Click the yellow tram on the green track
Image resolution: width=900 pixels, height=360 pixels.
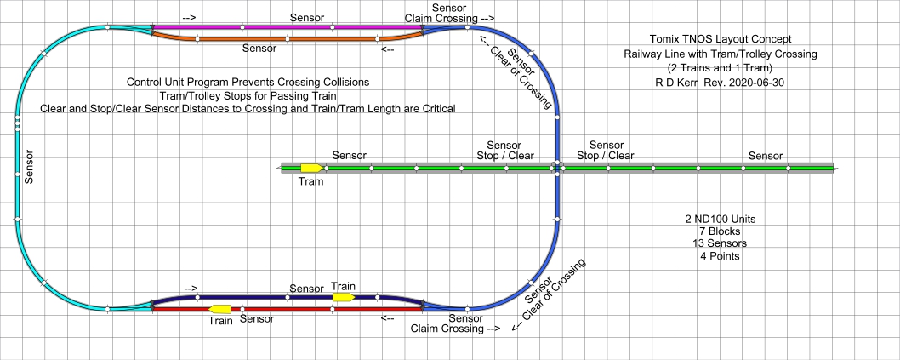[x=310, y=168]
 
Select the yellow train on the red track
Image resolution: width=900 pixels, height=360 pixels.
[x=220, y=308]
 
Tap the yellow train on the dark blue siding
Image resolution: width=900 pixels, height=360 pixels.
[x=344, y=297]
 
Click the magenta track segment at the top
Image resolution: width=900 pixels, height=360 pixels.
[x=289, y=26]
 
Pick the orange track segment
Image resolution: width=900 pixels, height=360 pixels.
[x=289, y=38]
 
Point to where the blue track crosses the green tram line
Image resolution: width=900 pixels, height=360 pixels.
[x=557, y=169]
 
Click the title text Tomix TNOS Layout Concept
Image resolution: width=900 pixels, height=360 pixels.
[x=720, y=39]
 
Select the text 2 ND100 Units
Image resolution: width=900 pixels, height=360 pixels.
[x=721, y=220]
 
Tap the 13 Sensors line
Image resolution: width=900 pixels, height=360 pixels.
[x=721, y=243]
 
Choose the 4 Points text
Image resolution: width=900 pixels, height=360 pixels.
[x=721, y=256]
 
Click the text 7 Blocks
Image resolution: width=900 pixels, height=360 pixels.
[x=721, y=231]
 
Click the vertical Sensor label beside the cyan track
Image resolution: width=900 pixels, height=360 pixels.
[x=29, y=169]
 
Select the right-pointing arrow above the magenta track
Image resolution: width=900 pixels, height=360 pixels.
[x=189, y=16]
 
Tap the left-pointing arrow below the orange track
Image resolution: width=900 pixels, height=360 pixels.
[x=387, y=49]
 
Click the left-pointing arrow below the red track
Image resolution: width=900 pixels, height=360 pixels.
[x=387, y=319]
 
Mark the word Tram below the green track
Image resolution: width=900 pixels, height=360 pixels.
[x=311, y=180]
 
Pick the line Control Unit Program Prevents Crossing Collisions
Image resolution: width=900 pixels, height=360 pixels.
[x=248, y=83]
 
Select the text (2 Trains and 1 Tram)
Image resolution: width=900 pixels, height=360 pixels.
[x=720, y=68]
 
